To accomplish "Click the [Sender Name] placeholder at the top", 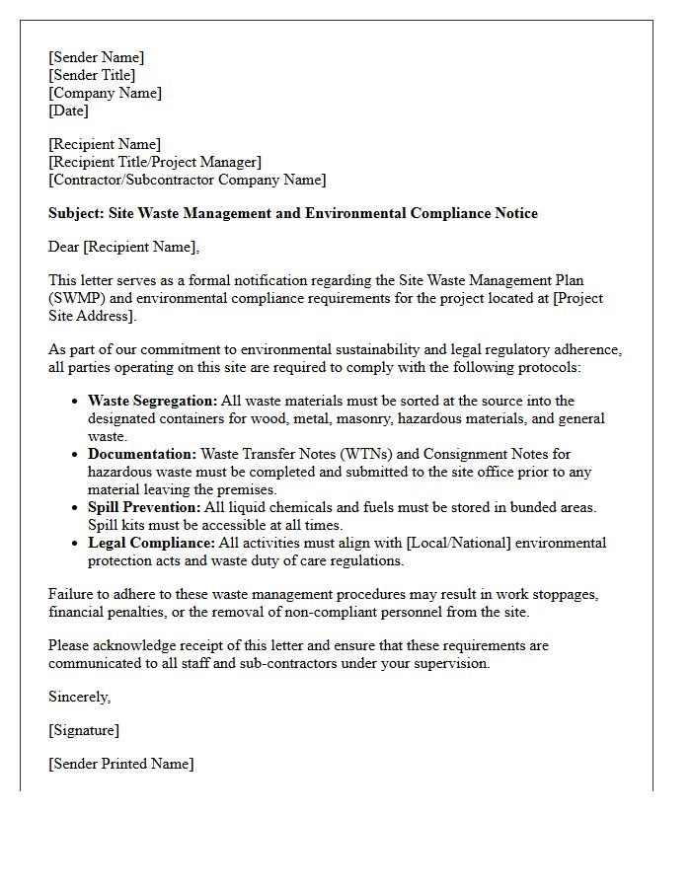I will click(96, 57).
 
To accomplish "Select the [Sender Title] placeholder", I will click(92, 75).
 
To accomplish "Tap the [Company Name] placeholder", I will click(105, 93).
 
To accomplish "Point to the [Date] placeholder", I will click(68, 111).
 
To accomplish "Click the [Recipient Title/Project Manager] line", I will click(155, 162).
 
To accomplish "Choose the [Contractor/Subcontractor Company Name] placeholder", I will click(187, 180).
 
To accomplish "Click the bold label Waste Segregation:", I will click(152, 401).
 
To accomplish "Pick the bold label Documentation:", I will click(142, 454).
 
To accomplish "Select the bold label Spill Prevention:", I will click(144, 507).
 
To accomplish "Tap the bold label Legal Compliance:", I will click(149, 543).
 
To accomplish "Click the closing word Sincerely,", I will click(80, 697).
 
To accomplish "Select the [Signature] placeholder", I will click(84, 730).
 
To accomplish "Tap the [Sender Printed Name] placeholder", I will click(120, 764).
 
